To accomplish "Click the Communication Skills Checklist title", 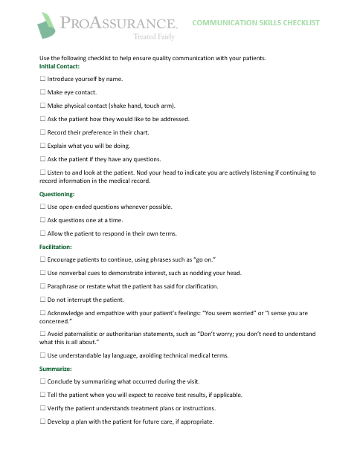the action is (x=255, y=22).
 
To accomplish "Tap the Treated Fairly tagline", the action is (x=155, y=35).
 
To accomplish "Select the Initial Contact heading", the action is (x=60, y=67).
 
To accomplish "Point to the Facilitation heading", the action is (x=56, y=246).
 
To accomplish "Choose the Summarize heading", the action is (x=55, y=369).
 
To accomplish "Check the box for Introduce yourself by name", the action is (x=42, y=79).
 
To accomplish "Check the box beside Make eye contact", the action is (x=42, y=92).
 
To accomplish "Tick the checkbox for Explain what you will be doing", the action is (x=42, y=146).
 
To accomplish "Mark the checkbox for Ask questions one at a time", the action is (x=42, y=220).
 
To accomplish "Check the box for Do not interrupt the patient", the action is (x=42, y=300).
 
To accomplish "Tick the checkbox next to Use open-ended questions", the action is (x=42, y=207).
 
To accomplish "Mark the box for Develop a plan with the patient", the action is (x=42, y=421).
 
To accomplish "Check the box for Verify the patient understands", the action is (x=42, y=408).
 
